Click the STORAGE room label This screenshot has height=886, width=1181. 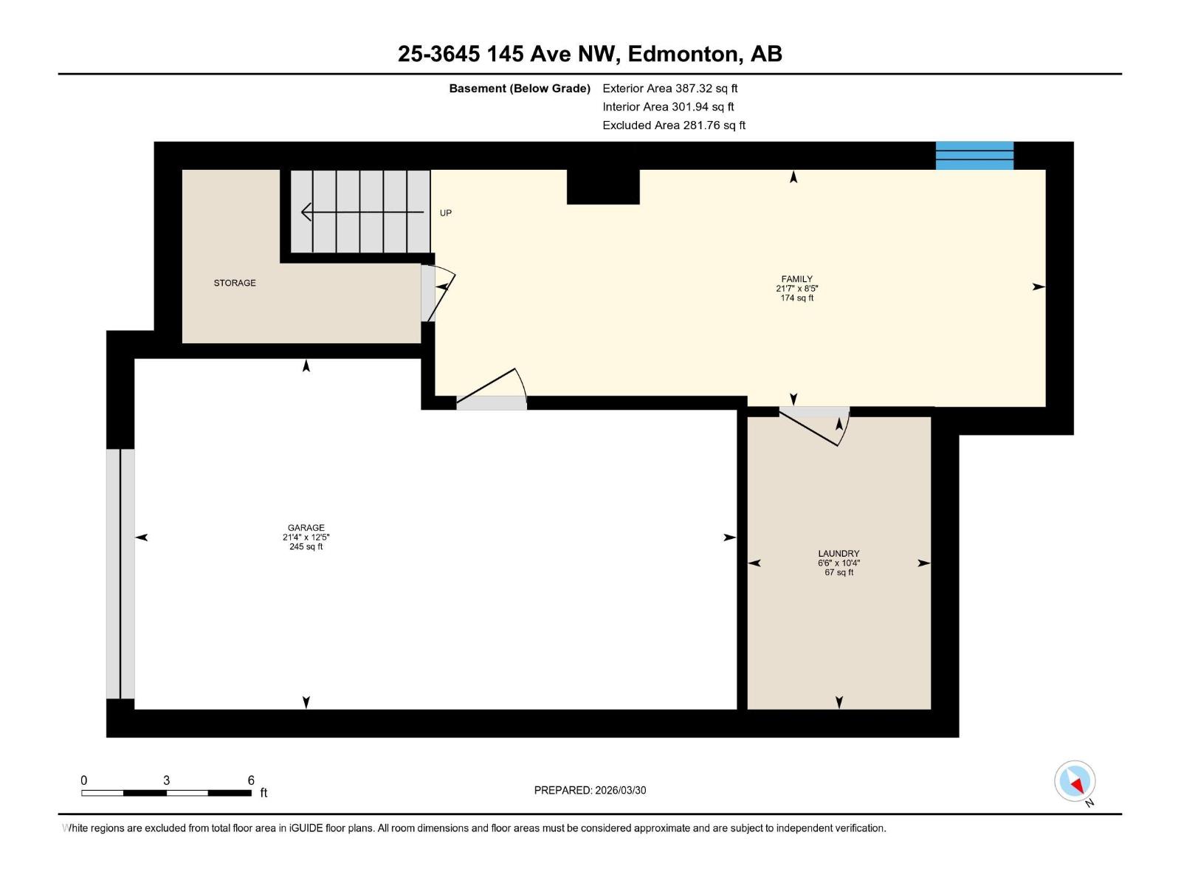click(235, 283)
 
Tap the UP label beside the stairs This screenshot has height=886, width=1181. click(446, 213)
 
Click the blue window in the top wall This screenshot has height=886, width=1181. click(974, 156)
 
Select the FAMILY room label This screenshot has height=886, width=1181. click(796, 279)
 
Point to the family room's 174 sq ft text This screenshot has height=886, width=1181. click(796, 298)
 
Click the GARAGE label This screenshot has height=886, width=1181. click(306, 528)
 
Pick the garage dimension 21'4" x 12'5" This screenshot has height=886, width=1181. click(306, 538)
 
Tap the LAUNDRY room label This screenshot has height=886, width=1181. click(839, 553)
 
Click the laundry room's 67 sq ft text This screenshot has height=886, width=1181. click(839, 572)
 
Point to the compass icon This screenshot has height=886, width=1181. click(1075, 781)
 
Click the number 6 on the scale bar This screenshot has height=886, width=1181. click(251, 780)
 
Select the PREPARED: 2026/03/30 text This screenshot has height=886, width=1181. click(590, 790)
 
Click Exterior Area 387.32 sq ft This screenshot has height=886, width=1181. click(669, 88)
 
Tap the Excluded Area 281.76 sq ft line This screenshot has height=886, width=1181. click(673, 125)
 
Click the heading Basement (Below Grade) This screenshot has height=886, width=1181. click(520, 88)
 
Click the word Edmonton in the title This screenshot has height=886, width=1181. click(684, 54)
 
